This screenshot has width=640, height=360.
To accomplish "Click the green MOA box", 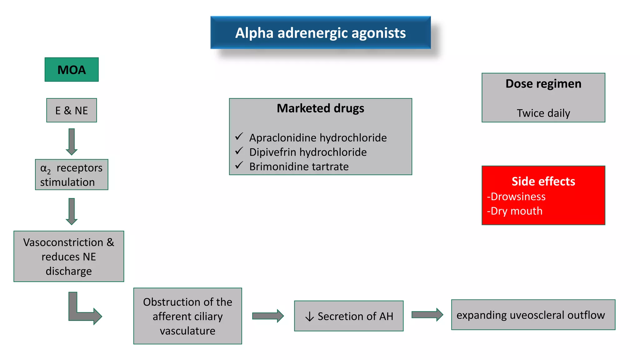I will point(72,70).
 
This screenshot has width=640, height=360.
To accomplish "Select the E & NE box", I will point(72,110).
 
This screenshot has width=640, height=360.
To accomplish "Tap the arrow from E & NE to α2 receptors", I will point(72,141).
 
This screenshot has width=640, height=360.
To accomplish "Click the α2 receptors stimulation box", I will point(72,175).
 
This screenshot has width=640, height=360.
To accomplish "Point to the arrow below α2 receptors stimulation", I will point(72,211).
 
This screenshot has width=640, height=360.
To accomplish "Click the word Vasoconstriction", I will point(63,242).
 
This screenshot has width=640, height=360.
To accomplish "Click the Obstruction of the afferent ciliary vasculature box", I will point(187,316).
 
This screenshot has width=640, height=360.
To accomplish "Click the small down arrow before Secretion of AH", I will point(309,317).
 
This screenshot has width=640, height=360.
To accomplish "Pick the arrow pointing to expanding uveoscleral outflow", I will point(427,315).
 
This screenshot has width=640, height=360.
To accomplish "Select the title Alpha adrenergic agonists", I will point(320,33).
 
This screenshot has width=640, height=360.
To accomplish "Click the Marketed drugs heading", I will point(320,108).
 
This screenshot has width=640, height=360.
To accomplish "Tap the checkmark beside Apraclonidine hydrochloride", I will point(239,137).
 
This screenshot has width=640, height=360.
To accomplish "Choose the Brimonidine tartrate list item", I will point(299,167).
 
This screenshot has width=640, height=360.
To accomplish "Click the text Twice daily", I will point(543,113).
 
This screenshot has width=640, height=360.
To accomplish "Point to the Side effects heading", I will point(543,181).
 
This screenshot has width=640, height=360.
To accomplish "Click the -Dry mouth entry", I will point(515,211).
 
